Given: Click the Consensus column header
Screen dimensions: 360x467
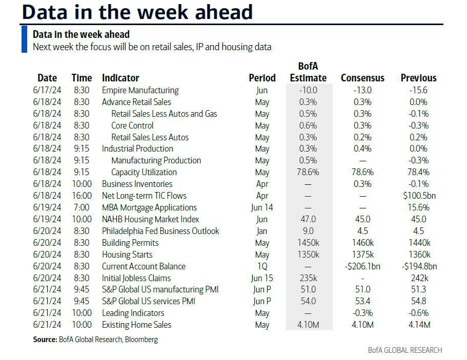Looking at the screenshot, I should pos(362,78).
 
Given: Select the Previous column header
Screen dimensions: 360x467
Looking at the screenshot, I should pos(418,78).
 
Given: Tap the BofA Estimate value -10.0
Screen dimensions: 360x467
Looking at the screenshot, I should pos(308,90).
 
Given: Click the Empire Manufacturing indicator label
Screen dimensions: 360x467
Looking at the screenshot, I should pos(140,90).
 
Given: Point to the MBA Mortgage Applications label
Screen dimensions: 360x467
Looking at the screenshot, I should pos(149,207).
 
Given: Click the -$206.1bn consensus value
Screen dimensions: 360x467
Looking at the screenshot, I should pos(362,266).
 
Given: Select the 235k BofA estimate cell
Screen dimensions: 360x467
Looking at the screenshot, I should pos(308,278).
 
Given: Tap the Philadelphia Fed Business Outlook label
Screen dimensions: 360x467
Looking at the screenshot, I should pos(160,231).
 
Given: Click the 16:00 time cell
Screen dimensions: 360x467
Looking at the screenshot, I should pos(82,196).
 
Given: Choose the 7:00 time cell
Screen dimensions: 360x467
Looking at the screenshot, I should pos(82,207).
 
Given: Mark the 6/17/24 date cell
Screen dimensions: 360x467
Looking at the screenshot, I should pos(47,90).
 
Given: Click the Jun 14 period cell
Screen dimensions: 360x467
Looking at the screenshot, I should pos(262,207).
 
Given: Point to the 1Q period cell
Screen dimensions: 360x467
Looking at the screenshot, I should pos(262,266).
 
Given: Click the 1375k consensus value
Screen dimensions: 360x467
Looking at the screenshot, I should pos(362,255).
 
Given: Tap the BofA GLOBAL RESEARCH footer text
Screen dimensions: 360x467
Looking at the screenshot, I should pos(404,350).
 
